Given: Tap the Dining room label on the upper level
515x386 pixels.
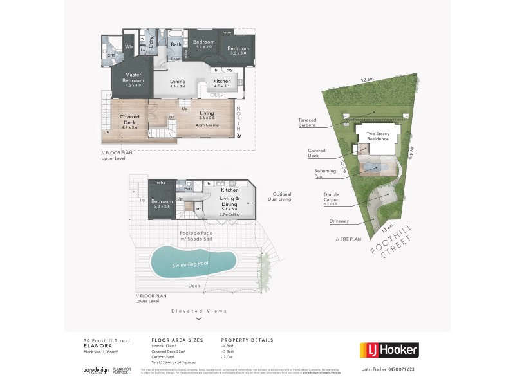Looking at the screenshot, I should pos(178,82).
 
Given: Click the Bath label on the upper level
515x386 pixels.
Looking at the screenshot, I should pos(176,45).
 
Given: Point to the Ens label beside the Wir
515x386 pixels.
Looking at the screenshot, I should pos(111,55).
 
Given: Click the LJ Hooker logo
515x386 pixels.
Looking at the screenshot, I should pos(388,349).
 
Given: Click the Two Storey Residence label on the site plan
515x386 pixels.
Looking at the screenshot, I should pos(378,136).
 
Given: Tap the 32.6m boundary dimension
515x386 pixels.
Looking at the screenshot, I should pos(367,80).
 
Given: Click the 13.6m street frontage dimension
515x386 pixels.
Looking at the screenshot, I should pos(386,226).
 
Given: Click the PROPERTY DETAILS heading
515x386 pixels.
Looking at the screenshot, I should pos(247,340).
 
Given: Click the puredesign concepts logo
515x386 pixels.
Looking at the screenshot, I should pos(96,371).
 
